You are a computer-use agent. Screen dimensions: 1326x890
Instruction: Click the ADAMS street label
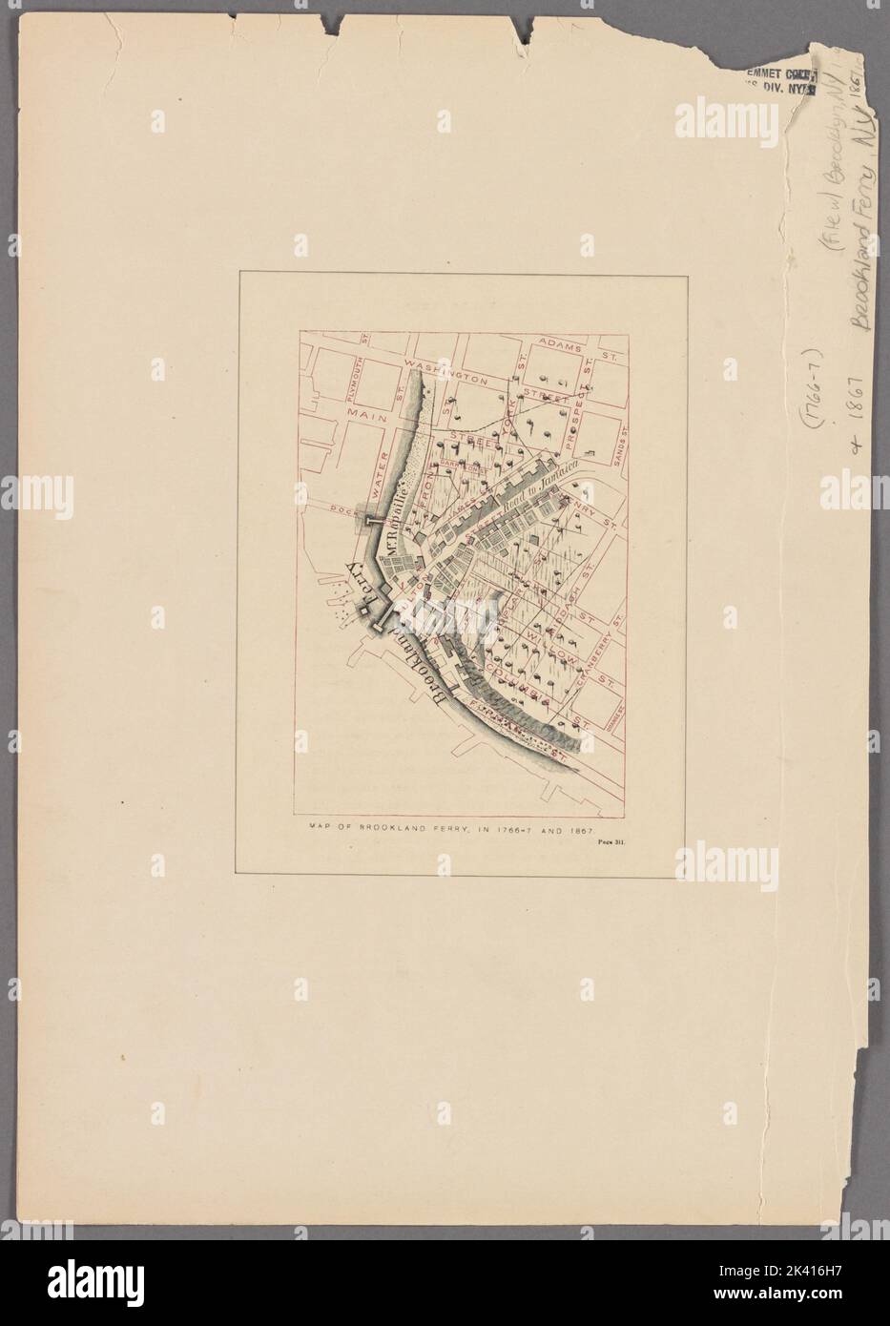pyautogui.click(x=558, y=342)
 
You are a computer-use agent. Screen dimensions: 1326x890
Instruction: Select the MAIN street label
pyautogui.click(x=364, y=413)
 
